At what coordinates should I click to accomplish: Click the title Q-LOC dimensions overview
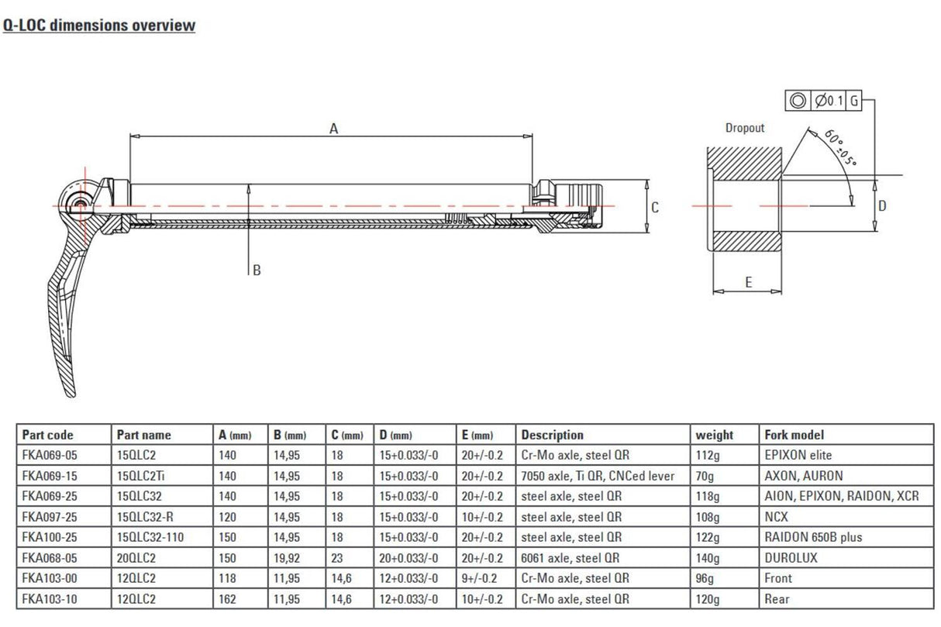pyautogui.click(x=98, y=25)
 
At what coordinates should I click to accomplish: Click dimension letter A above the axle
pyautogui.click(x=334, y=129)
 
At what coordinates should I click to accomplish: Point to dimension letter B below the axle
pyautogui.click(x=257, y=270)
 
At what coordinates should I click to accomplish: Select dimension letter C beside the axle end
pyautogui.click(x=655, y=207)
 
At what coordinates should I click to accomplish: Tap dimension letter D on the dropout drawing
pyautogui.click(x=882, y=205)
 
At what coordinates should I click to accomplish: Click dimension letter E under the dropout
pyautogui.click(x=748, y=283)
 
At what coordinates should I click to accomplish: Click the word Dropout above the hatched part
pyautogui.click(x=744, y=128)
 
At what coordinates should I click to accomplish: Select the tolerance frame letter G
pyautogui.click(x=853, y=101)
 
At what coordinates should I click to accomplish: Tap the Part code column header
pyautogui.click(x=47, y=435)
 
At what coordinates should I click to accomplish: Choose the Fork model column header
pyautogui.click(x=794, y=435)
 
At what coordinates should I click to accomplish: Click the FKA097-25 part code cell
pyautogui.click(x=49, y=516)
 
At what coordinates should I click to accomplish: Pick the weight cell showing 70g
pyautogui.click(x=705, y=475)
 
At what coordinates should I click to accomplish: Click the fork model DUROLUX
pyautogui.click(x=791, y=557)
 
